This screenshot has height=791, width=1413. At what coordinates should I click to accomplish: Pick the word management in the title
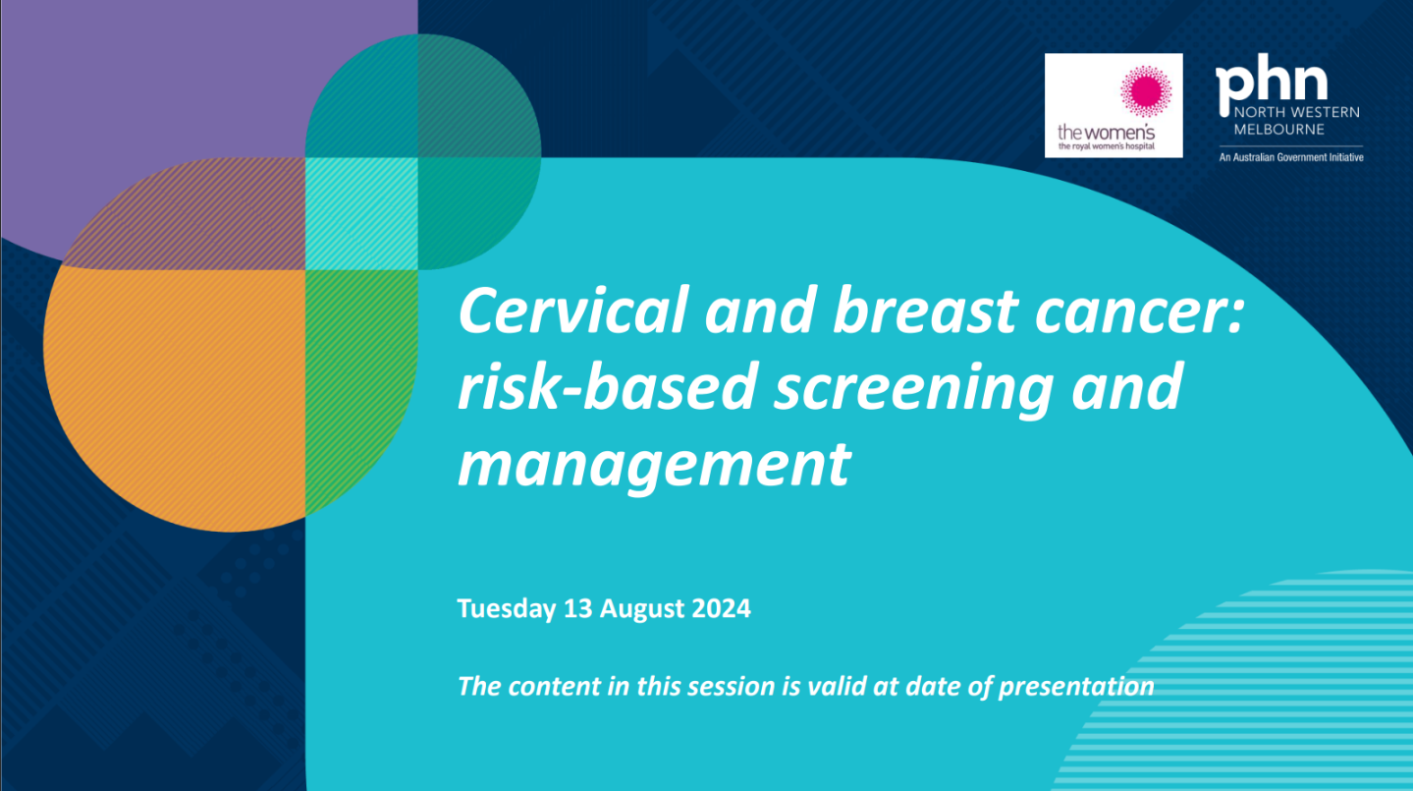point(653,463)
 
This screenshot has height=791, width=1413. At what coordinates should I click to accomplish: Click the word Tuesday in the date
point(507,609)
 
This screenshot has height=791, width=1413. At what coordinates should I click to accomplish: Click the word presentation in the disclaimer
point(1076,685)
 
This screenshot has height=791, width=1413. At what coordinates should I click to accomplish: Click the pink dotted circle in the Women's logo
point(1145,93)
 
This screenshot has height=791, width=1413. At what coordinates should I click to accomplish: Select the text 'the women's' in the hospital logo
point(1106,132)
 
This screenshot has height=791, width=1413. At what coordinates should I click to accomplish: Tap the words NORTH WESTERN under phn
point(1296,113)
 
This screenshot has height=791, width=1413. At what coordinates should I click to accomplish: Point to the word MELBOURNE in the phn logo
point(1279,130)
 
